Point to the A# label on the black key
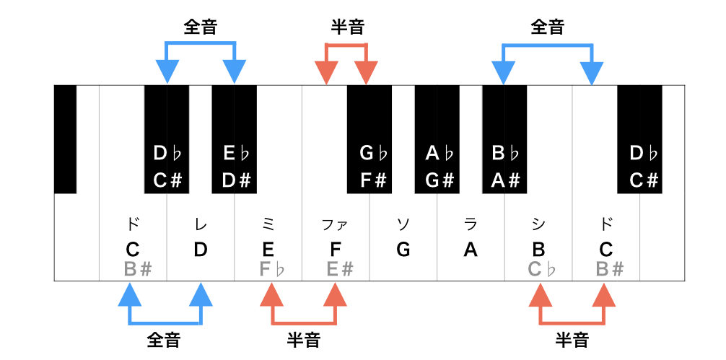coord(505,180)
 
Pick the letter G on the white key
coord(403,250)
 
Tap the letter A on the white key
coord(471,250)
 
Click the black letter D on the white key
coord(201,250)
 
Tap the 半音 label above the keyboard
coord(347,27)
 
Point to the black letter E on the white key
coord(268,250)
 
